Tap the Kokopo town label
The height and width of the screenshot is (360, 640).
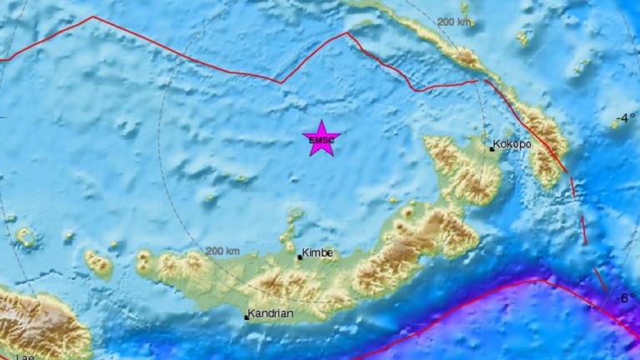512,144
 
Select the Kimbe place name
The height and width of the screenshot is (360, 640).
317,252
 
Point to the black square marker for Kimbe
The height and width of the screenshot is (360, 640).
300,257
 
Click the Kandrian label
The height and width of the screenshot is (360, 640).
272,314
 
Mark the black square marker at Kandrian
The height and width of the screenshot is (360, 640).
246,317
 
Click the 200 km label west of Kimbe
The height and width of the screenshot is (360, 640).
222,251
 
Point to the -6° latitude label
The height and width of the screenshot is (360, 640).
625,297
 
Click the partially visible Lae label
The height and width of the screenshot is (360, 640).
25,357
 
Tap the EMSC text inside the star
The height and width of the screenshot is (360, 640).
321,141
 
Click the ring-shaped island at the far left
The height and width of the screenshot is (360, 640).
26,237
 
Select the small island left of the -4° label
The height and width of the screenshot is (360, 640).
615,123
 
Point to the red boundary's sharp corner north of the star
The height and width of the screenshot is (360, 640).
347,34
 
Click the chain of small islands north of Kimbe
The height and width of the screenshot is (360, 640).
294,223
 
